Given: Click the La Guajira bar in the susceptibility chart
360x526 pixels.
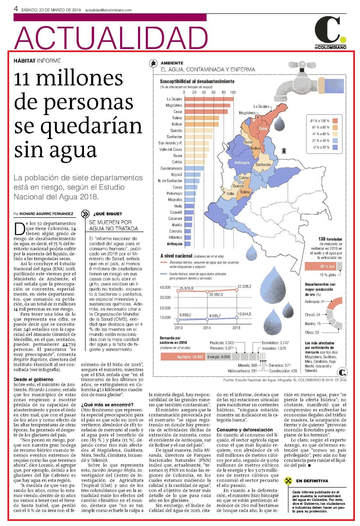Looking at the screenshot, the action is pos(209,99).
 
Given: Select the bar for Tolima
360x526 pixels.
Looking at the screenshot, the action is pos(202,118).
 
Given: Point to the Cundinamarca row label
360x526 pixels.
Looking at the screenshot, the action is pos(171,168).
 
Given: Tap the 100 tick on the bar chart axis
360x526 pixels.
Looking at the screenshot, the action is pos(233,92).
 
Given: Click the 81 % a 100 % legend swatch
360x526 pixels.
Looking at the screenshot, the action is pos(335,121).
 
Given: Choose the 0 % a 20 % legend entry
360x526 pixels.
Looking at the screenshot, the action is pos(325,147).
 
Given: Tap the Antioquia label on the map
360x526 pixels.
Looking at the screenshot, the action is pos(242,162).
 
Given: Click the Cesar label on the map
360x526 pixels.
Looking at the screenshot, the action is pos(263,128).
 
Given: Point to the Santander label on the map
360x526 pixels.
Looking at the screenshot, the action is pos(263,165).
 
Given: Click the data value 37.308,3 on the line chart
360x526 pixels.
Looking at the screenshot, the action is pos(244,286).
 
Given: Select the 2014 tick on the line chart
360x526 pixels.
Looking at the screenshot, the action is pos(207,328).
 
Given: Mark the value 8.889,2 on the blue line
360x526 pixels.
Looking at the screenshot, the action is pos(185,315).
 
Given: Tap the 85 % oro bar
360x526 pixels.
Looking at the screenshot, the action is pos(321,266).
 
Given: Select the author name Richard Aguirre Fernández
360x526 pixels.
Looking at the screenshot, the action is pos(46,214).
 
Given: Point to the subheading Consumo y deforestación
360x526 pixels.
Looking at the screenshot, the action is pos(245,430).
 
